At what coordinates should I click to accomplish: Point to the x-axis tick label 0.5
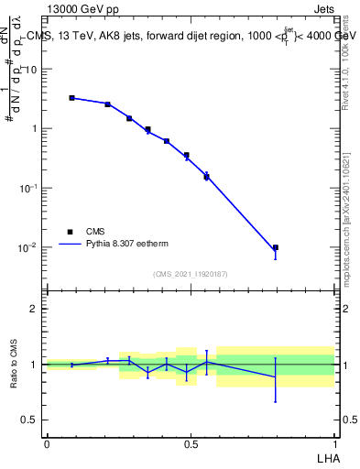click(191, 443)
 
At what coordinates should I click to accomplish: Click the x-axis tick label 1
click(334, 443)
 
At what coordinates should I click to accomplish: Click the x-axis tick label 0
click(47, 443)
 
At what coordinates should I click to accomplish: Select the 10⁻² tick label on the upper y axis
click(27, 247)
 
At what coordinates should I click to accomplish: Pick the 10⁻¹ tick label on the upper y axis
click(27, 188)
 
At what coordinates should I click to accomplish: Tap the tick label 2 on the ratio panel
click(34, 309)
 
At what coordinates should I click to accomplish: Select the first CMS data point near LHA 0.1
click(72, 97)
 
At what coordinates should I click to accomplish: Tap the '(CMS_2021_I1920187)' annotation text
click(191, 274)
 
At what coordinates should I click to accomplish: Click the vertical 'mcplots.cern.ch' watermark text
click(345, 247)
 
